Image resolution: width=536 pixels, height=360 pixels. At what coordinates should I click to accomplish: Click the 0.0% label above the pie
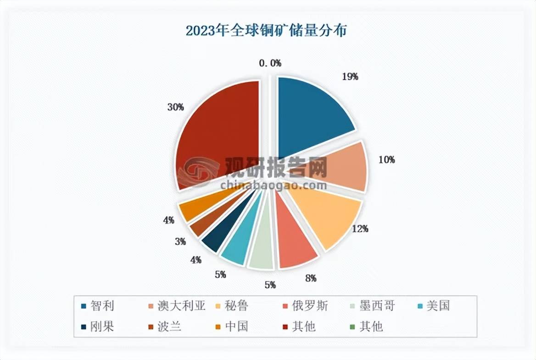(270, 63)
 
